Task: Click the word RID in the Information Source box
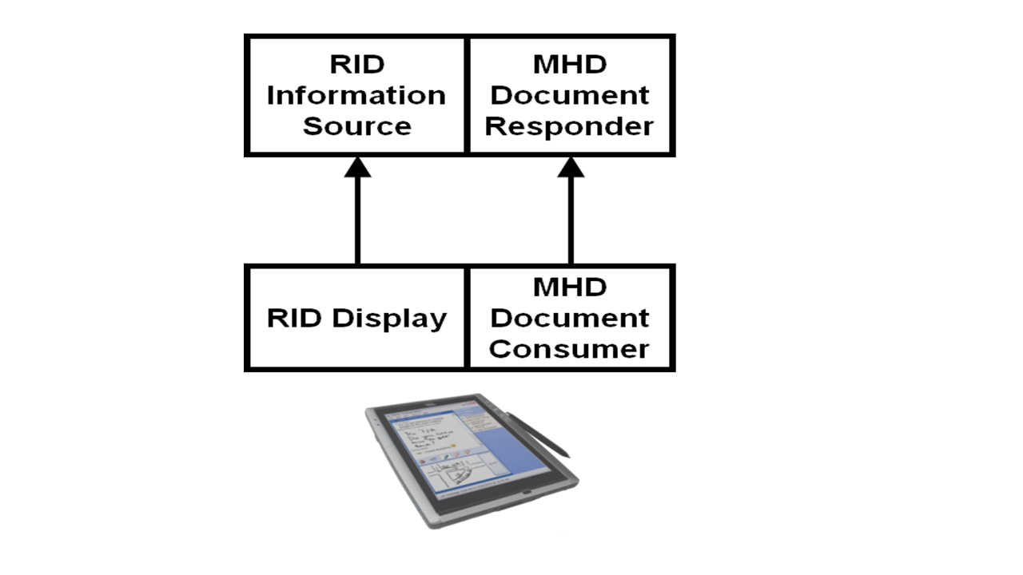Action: pos(356,64)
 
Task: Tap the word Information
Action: pos(356,95)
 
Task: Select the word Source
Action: pos(356,126)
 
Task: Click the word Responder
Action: pos(570,126)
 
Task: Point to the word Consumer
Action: pos(570,349)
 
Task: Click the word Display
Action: pos(389,318)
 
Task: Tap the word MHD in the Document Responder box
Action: pos(570,64)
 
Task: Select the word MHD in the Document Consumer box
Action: pos(570,287)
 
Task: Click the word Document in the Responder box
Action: pos(570,95)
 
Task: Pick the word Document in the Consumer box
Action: pos(570,318)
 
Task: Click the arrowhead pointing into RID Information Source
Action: pos(357,167)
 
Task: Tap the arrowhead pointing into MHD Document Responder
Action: pos(571,167)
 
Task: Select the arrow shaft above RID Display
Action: pos(357,220)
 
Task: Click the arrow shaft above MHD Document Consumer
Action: pos(571,220)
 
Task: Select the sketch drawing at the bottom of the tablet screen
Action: pos(452,479)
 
